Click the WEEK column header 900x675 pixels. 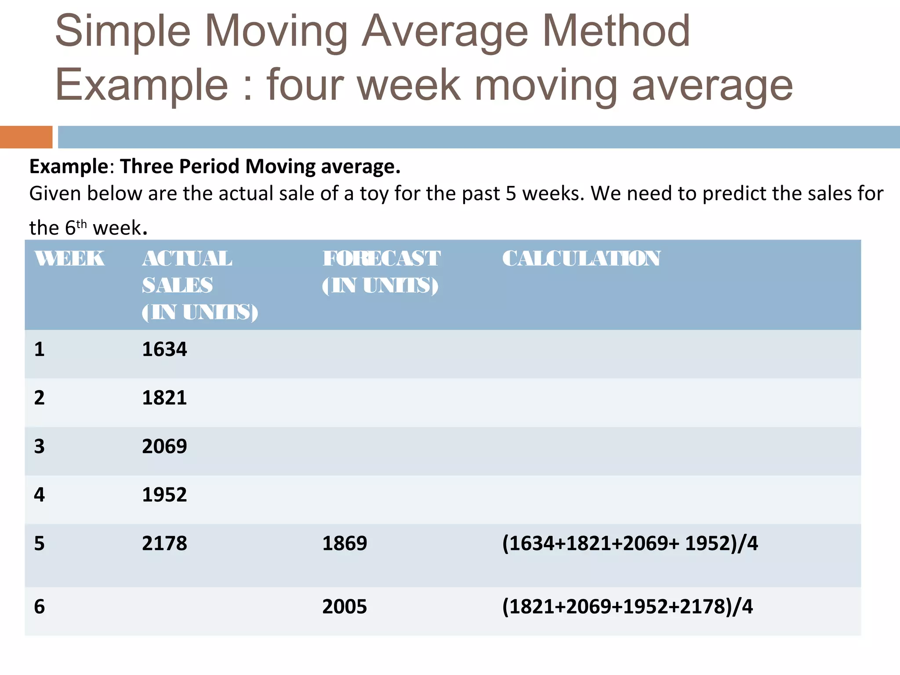pos(69,258)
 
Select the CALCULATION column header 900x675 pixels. pos(581,258)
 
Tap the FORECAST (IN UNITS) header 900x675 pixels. pos(381,272)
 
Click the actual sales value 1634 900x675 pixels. pos(164,349)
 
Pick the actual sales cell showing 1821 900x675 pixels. pos(164,398)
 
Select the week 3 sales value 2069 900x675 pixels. pos(164,446)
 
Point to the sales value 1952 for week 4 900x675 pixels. pos(164,495)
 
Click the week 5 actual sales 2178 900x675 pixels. pos(164,544)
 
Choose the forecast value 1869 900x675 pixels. pos(345,544)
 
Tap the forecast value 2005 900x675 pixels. pos(345,607)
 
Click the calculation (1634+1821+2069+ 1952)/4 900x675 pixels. pos(630,544)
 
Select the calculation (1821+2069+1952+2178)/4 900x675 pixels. pos(628,607)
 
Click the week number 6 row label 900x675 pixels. pos(40,607)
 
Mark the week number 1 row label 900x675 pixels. pos(40,349)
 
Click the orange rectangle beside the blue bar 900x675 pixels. pos(26,137)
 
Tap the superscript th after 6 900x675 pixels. pos(82,224)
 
